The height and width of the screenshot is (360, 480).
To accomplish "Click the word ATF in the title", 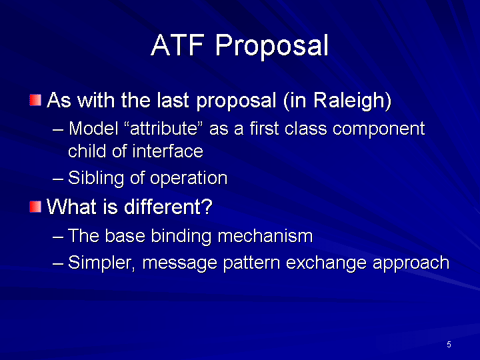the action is click(177, 45).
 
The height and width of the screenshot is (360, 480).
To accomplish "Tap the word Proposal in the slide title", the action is click(272, 47).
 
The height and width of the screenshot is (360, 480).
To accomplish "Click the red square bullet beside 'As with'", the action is click(35, 100).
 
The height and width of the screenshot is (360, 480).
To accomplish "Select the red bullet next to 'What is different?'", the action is click(35, 207).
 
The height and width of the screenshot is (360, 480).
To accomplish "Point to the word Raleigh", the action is click(349, 101).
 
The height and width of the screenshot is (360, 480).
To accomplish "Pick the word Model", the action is click(93, 129).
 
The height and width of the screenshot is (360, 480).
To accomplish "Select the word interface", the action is click(168, 151).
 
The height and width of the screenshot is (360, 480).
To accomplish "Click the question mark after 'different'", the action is click(207, 206).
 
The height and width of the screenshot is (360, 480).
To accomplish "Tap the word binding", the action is click(181, 237).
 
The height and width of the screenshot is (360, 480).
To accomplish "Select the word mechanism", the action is click(265, 236).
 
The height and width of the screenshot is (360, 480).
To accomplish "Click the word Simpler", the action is click(101, 263).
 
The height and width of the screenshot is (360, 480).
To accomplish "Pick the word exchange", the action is click(326, 263).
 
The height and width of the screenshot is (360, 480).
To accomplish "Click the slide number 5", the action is click(449, 345).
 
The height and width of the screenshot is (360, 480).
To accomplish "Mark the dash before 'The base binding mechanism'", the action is click(58, 237).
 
